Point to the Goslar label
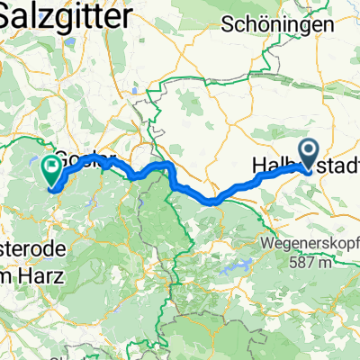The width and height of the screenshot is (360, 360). [x=83, y=155]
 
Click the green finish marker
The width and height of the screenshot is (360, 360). [x=50, y=168]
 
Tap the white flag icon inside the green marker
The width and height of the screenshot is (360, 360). [x=50, y=166]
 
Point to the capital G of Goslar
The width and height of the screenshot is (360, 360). [x=61, y=155]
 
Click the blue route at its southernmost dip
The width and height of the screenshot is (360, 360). [x=216, y=202]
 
